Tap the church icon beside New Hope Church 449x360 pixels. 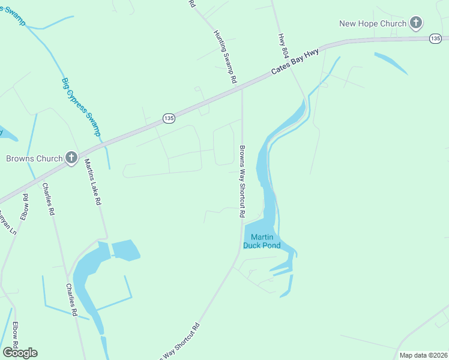click(415, 24)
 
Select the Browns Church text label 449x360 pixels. click(34, 158)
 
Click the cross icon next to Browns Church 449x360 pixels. click(71, 158)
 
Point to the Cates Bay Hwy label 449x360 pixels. click(295, 62)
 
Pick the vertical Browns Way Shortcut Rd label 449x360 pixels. click(242, 181)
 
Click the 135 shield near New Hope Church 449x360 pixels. click(436, 38)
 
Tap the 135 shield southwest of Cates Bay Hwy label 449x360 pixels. click(169, 119)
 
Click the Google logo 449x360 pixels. click(20, 353)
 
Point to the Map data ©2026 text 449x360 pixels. click(423, 355)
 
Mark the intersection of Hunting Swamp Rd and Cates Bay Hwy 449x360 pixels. click(242, 89)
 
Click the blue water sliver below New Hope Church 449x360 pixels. click(391, 63)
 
